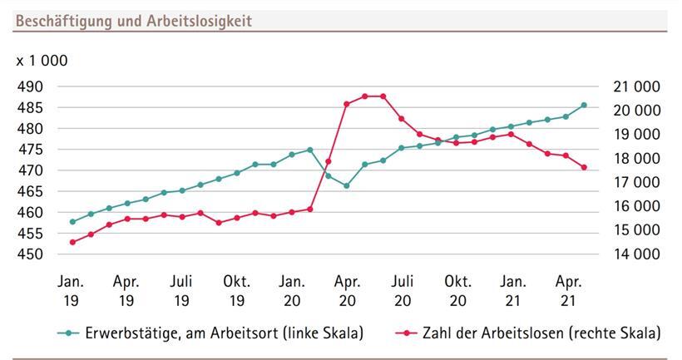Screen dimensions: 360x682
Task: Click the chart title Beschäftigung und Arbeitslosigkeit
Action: (133, 21)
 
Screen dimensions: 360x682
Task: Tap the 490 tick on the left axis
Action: (31, 86)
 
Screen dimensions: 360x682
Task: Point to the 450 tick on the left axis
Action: (31, 254)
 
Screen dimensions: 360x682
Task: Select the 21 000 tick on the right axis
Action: (635, 86)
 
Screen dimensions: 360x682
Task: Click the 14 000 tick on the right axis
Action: (635, 254)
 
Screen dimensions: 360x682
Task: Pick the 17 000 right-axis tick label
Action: (635, 182)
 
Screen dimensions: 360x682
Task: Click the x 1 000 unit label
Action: (42, 61)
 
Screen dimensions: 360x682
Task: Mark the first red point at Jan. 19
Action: (72, 242)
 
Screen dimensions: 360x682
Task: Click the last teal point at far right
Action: (584, 105)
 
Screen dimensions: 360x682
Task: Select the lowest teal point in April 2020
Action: (347, 185)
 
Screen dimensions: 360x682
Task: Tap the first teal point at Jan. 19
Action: (72, 222)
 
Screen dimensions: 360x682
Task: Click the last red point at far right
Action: (584, 167)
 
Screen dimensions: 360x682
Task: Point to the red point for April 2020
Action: (347, 104)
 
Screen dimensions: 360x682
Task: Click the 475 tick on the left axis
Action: (31, 150)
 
